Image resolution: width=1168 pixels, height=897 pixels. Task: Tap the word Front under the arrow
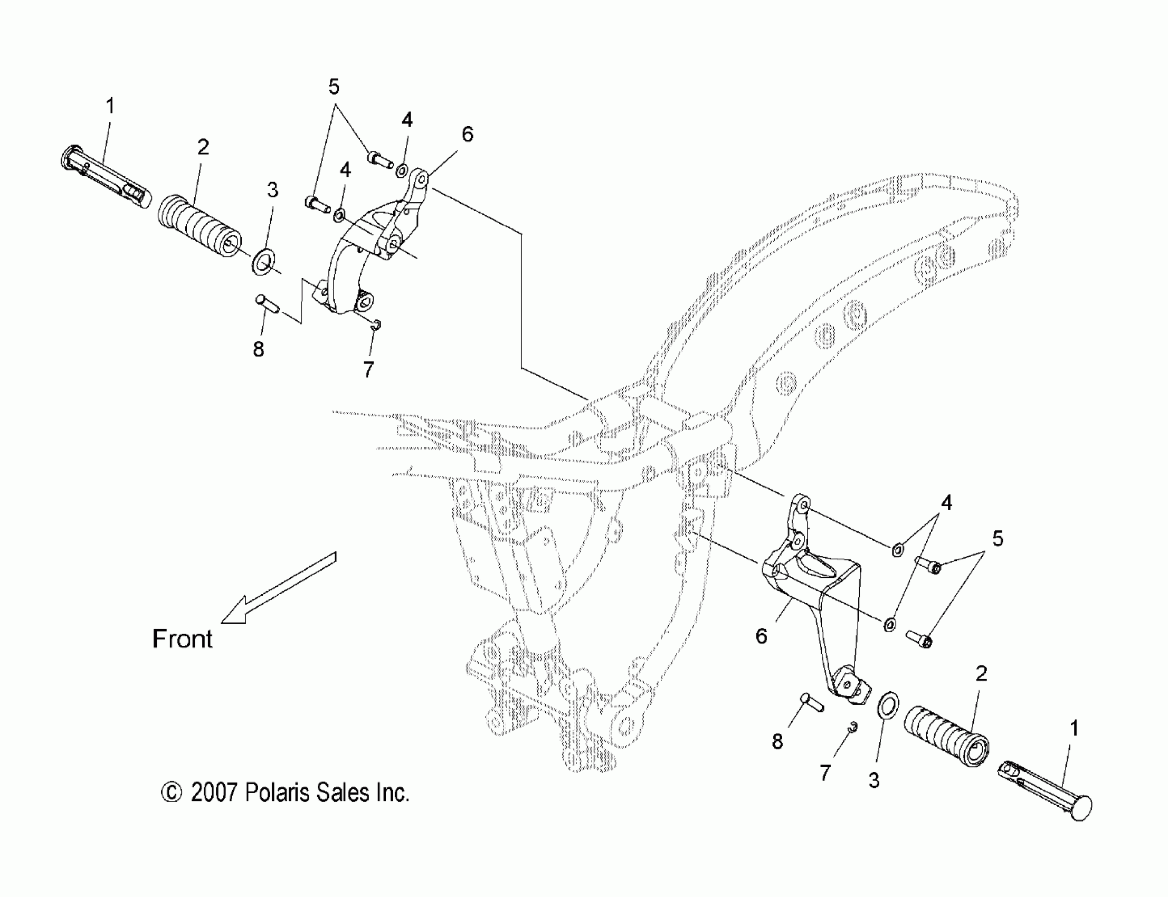(x=182, y=639)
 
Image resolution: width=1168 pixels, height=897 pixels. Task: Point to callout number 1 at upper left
(x=110, y=106)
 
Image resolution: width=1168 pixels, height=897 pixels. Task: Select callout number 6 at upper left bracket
(x=467, y=134)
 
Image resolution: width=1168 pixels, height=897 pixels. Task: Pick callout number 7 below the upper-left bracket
(x=368, y=369)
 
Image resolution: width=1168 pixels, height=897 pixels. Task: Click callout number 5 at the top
(x=334, y=86)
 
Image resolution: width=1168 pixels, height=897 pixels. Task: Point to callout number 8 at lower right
(x=777, y=741)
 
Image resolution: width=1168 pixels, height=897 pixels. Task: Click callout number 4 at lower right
(x=946, y=502)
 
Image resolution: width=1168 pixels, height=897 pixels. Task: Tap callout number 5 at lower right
(x=998, y=538)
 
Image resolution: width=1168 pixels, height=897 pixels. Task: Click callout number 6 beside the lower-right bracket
(x=762, y=636)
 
